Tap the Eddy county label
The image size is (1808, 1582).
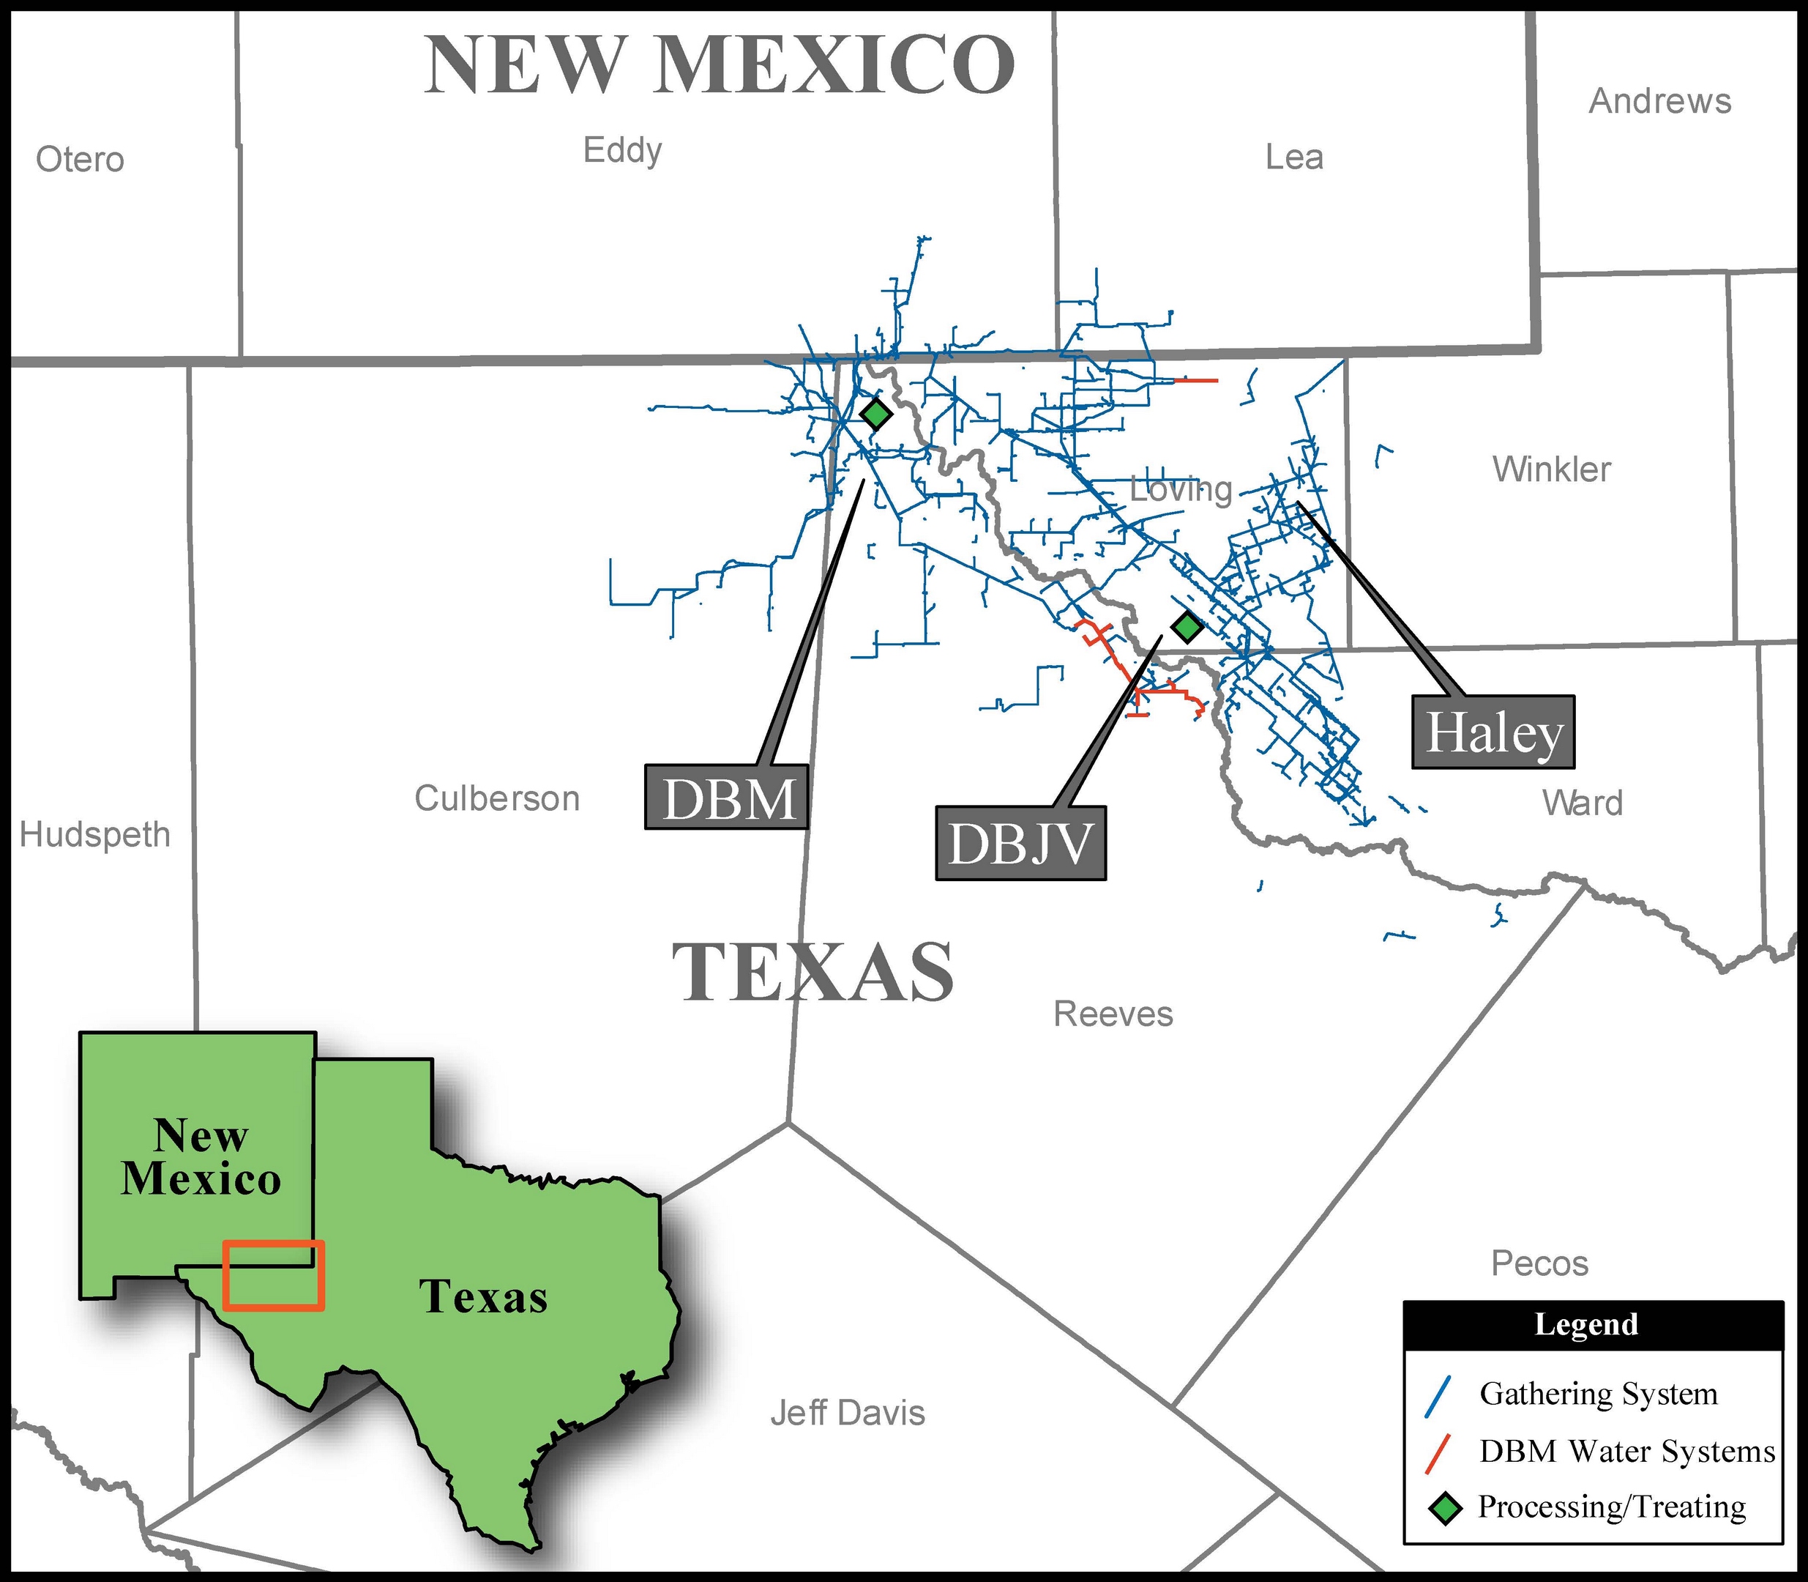click(x=622, y=151)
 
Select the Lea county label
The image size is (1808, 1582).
click(x=1293, y=157)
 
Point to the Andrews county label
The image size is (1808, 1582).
click(x=1659, y=102)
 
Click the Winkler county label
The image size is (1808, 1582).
click(x=1551, y=469)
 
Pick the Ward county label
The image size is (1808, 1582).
click(x=1582, y=803)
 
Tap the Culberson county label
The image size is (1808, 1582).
click(x=497, y=798)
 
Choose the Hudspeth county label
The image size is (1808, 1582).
click(x=94, y=834)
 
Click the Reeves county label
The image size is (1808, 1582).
click(x=1113, y=1014)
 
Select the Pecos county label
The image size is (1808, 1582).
click(x=1539, y=1263)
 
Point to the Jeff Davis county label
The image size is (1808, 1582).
click(x=847, y=1413)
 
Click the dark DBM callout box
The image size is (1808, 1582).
click(x=727, y=797)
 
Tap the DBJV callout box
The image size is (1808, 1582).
click(x=1020, y=844)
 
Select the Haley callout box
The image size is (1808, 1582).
click(x=1493, y=732)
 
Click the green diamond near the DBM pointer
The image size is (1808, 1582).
click(x=875, y=412)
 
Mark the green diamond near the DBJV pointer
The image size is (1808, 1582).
click(x=1187, y=626)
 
